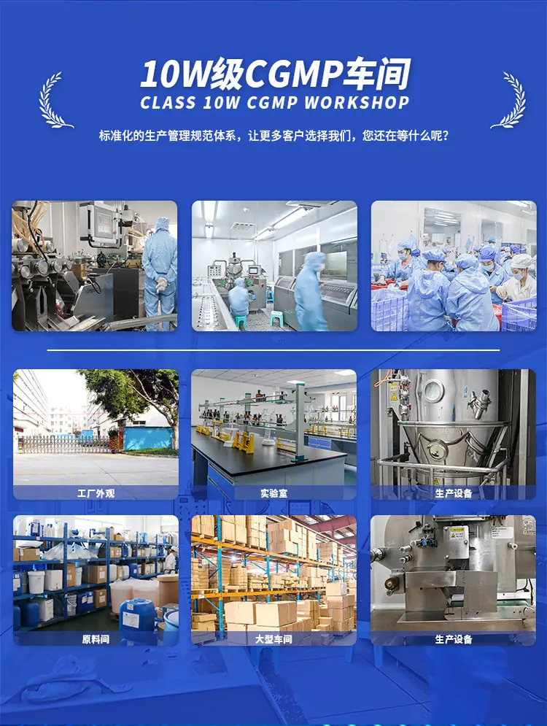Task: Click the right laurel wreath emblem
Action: point(509,101)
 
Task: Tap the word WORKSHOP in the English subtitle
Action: point(357,102)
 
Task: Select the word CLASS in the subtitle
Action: point(168,102)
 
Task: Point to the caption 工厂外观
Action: point(96,493)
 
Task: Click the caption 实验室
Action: point(274,493)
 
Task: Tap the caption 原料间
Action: point(96,639)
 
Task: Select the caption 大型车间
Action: point(274,639)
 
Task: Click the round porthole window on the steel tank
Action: point(434,390)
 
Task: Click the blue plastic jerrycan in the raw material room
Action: point(137,615)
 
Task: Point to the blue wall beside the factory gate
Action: point(148,438)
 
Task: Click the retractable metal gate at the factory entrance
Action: point(64,444)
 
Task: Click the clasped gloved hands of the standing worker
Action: point(160,283)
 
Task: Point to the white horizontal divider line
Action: point(273,350)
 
